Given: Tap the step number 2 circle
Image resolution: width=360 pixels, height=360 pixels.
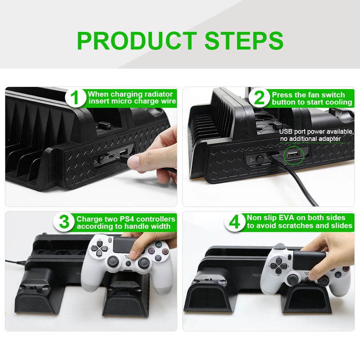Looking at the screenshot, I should click(260, 98).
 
